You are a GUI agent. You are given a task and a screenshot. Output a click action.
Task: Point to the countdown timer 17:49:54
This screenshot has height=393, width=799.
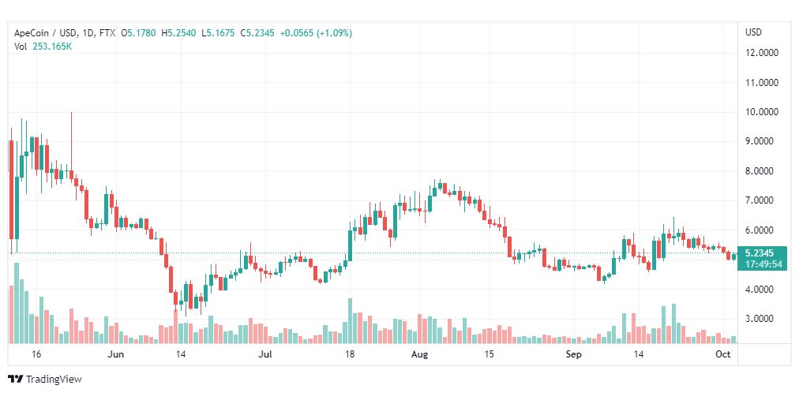(763, 264)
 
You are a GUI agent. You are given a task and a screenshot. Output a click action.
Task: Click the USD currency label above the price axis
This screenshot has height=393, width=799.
(754, 32)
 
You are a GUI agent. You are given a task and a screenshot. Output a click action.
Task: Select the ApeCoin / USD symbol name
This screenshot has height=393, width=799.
(46, 33)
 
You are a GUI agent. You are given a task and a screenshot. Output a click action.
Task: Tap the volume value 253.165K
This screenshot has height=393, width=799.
(54, 47)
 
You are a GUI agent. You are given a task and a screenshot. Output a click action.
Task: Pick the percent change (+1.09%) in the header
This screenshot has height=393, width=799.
(334, 33)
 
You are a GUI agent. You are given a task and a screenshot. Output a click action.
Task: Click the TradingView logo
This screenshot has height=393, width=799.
(45, 380)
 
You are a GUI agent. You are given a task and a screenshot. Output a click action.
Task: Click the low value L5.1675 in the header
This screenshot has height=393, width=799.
(218, 33)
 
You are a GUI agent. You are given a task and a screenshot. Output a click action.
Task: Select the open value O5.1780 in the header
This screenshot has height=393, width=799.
(139, 33)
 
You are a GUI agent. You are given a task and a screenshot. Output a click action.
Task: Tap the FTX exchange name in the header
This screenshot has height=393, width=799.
(107, 33)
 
